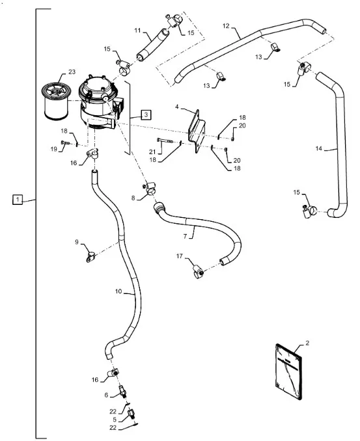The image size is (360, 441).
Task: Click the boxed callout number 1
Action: (x=18, y=200)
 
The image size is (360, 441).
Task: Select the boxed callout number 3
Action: (x=146, y=114)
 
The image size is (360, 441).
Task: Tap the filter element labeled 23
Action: (x=56, y=100)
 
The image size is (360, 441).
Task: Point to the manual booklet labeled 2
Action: (x=288, y=371)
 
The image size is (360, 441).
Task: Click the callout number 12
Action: (x=226, y=26)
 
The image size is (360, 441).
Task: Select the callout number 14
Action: (x=318, y=148)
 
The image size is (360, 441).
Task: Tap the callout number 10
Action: (x=118, y=291)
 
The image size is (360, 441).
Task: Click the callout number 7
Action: (x=185, y=236)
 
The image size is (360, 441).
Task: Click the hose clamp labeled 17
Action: (x=198, y=272)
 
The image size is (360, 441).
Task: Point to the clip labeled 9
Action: (x=90, y=257)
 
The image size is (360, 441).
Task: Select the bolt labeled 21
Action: (x=165, y=140)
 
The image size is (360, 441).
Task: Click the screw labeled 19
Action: (x=65, y=142)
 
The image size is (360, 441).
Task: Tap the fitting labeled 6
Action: (x=122, y=391)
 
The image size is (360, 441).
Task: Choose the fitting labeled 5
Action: (x=132, y=414)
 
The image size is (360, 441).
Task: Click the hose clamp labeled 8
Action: (x=150, y=189)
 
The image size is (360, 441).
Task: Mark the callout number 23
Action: (x=72, y=72)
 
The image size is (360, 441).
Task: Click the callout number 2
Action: (x=307, y=343)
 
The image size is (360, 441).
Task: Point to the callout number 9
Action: (x=77, y=242)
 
